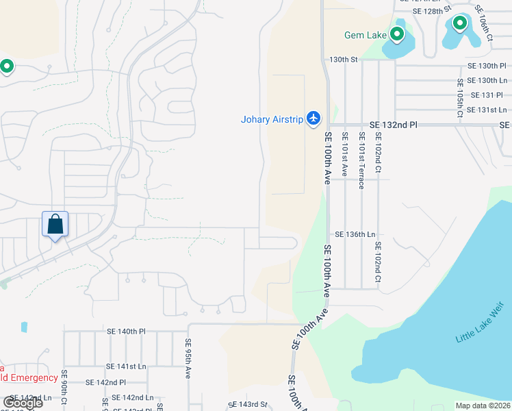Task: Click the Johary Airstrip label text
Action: pos(271,119)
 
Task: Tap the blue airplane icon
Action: pos(313,119)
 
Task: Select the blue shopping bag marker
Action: pos(55,224)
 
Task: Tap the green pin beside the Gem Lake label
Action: pos(397,34)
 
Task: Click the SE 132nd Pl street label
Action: pos(393,125)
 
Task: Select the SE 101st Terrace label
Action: pos(361,160)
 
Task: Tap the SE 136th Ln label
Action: pos(353,234)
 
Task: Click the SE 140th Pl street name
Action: pos(127,331)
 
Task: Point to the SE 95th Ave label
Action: pos(188,358)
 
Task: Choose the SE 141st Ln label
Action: pos(127,366)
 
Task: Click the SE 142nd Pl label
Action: pos(105,382)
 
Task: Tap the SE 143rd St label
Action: pos(248,405)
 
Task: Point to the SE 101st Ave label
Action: pos(345,155)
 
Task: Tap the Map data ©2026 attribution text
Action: pos(483,406)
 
